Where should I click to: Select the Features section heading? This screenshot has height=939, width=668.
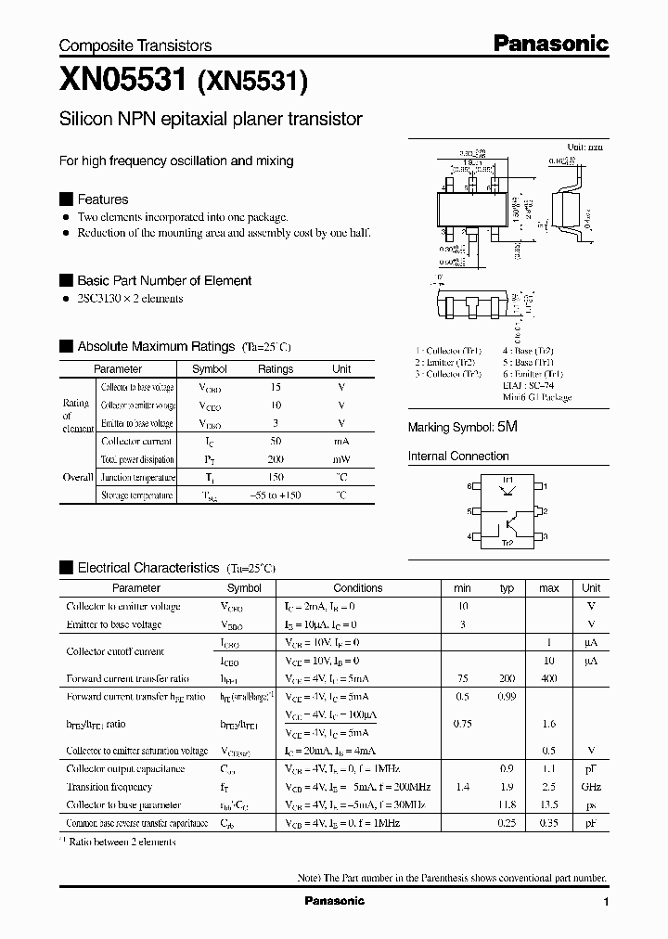102,199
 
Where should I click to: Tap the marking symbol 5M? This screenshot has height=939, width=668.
507,428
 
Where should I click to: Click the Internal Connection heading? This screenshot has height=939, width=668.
458,457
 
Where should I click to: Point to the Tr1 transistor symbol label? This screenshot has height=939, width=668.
507,479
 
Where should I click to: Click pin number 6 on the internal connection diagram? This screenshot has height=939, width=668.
469,486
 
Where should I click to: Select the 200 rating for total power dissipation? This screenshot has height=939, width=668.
275,459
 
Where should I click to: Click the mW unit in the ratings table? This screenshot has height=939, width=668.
341,459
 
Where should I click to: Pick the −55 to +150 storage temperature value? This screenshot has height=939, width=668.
275,495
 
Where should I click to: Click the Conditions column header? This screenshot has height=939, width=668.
358,588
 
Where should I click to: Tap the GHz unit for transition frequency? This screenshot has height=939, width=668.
590,787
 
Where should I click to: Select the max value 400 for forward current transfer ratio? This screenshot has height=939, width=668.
548,678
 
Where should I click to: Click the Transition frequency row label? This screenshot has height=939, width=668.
110,787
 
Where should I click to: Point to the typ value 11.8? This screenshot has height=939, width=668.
507,804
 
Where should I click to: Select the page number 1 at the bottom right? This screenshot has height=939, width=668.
606,902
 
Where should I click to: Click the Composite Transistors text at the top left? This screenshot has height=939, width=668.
135,45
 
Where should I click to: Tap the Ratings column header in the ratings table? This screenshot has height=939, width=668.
275,369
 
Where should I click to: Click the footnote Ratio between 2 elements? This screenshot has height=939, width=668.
122,842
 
